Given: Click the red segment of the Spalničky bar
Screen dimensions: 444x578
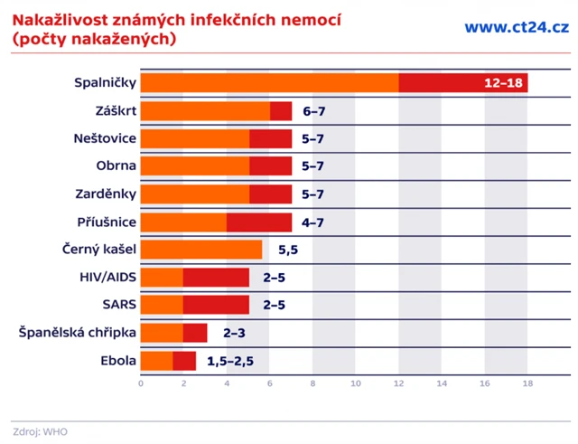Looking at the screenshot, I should coord(443,83).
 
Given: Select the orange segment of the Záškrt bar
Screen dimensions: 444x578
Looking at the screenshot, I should coord(206,111).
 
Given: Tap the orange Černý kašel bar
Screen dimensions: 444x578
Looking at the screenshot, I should coord(201,250).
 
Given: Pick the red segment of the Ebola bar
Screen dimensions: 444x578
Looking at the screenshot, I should coord(184,361).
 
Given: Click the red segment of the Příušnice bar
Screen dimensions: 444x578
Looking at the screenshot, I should coord(259,222).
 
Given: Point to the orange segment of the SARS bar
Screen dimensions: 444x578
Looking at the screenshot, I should coord(163,305).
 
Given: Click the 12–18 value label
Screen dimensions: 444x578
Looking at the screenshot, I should coord(502,83).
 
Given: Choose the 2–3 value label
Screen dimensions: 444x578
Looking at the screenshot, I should coord(234,334).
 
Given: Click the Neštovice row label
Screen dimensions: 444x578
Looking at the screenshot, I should coord(105,139).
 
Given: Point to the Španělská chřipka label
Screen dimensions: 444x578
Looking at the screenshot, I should coord(78,334).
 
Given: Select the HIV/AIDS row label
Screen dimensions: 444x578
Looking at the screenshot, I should coord(109,278).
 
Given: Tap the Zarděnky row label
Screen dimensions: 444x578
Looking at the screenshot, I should coord(107,194).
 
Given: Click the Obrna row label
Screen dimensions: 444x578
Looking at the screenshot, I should coord(117,166).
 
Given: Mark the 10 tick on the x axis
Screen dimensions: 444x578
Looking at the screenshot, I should coord(356,383).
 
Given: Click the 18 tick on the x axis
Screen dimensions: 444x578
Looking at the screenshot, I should coord(527,383).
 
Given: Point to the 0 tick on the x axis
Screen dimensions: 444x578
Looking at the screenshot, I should coord(141,383).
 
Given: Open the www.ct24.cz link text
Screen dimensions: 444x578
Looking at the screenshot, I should coord(516,27).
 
